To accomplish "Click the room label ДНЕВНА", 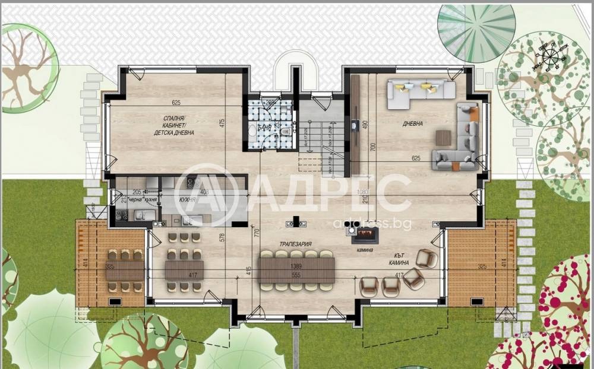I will [413, 124].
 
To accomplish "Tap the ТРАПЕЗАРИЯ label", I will [296, 244].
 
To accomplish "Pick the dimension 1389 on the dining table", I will [296, 268].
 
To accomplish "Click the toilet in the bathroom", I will [286, 132].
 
